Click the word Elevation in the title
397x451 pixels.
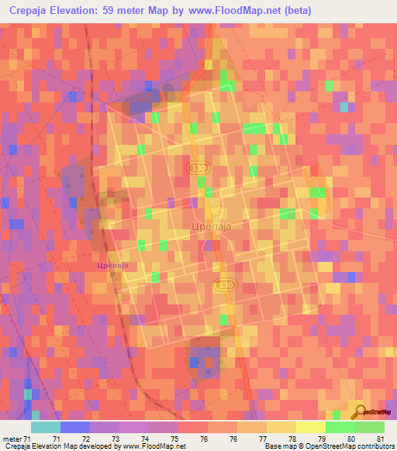88,10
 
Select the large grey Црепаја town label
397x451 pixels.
211,226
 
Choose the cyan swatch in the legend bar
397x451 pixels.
46,427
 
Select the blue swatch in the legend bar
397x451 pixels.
75,427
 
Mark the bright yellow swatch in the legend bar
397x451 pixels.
311,427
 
